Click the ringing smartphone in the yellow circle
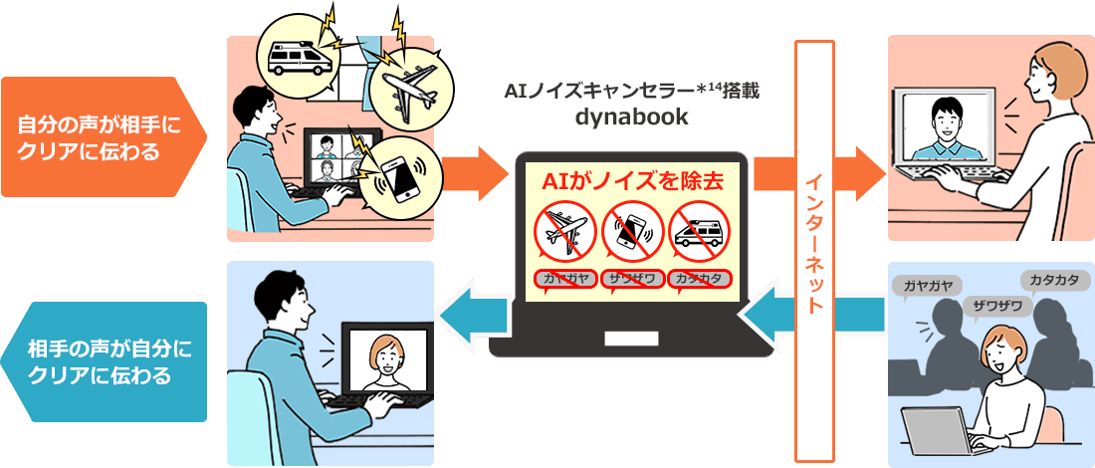tap(401, 178)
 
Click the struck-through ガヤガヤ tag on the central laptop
tap(565, 280)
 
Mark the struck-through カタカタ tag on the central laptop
tap(700, 280)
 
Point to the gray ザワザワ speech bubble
tap(996, 306)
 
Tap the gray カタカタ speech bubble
tap(1053, 282)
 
